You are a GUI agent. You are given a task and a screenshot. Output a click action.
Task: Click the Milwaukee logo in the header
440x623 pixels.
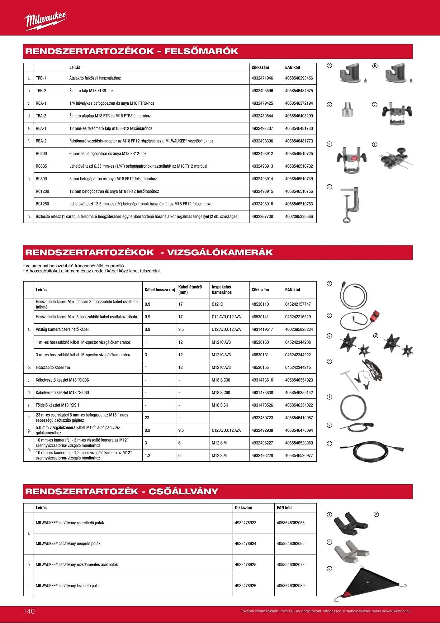click(x=45, y=21)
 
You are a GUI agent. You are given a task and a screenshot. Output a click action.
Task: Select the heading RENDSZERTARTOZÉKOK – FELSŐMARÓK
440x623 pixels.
click(x=132, y=51)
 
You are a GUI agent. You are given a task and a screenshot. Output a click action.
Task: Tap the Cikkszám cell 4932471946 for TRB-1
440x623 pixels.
click(x=262, y=78)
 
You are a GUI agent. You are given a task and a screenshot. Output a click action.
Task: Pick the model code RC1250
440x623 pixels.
click(x=42, y=204)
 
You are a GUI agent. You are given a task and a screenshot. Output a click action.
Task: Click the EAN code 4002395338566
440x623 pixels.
click(x=299, y=216)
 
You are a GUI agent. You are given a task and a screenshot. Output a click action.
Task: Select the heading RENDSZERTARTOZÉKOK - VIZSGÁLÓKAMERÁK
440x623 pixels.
click(x=149, y=253)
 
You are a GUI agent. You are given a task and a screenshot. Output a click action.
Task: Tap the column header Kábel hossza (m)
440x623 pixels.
click(x=160, y=290)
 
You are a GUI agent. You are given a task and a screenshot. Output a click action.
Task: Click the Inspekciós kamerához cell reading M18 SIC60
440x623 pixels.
click(x=221, y=393)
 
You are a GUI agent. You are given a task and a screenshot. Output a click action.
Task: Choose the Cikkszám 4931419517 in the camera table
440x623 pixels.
click(x=262, y=330)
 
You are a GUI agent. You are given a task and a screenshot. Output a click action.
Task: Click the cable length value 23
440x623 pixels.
click(x=147, y=418)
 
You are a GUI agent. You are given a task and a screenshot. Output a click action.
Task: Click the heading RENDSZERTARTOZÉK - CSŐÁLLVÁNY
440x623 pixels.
click(x=122, y=492)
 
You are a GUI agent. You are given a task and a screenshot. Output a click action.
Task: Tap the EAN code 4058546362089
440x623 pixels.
click(x=291, y=586)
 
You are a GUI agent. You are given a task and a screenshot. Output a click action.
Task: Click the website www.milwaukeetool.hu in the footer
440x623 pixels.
click(x=391, y=611)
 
